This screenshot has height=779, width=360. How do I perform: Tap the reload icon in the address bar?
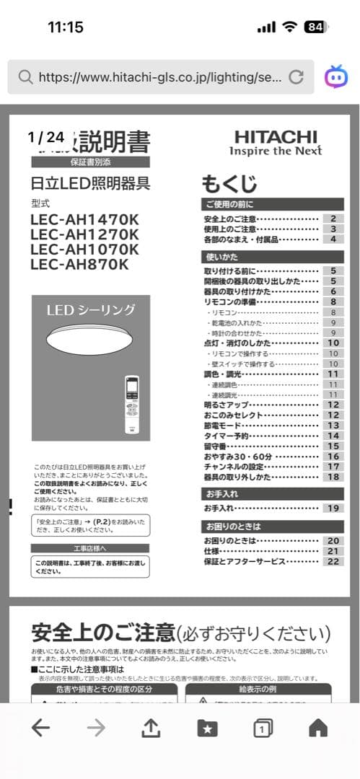tap(296, 77)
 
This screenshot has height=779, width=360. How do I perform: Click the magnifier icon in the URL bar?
tap(25, 77)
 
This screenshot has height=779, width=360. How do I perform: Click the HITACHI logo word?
tap(276, 136)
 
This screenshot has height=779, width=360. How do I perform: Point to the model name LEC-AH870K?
tap(79, 264)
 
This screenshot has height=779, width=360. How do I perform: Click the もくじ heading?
tap(229, 182)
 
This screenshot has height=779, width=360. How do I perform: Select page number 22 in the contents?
tap(333, 561)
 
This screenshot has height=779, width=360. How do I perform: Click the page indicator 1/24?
tap(46, 136)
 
